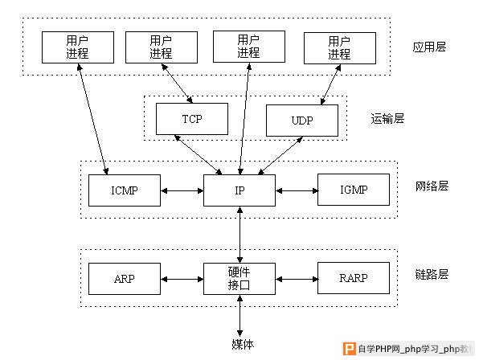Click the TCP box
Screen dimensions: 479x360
(x=192, y=119)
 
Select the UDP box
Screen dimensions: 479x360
(x=302, y=121)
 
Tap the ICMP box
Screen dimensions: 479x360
(x=125, y=190)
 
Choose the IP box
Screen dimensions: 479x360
(x=239, y=190)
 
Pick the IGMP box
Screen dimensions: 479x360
(x=354, y=190)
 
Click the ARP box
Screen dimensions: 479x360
(x=125, y=279)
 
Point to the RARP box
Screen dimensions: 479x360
(x=354, y=278)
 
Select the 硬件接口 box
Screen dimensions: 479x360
(x=239, y=279)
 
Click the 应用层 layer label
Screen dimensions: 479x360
(x=429, y=47)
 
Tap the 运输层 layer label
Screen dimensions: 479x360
(x=387, y=118)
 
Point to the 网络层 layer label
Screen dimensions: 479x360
(x=432, y=186)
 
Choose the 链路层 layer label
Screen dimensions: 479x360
(x=432, y=274)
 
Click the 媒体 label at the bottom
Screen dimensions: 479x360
(x=243, y=345)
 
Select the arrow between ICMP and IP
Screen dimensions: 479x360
(x=182, y=190)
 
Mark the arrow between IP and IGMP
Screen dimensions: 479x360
(x=297, y=190)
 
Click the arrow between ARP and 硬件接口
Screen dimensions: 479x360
(x=182, y=279)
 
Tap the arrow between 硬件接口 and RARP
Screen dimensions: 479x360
(x=297, y=279)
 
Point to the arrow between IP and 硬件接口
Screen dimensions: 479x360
(x=240, y=235)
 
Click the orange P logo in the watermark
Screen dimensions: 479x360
(x=350, y=349)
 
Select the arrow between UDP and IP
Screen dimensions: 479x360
(x=280, y=156)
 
